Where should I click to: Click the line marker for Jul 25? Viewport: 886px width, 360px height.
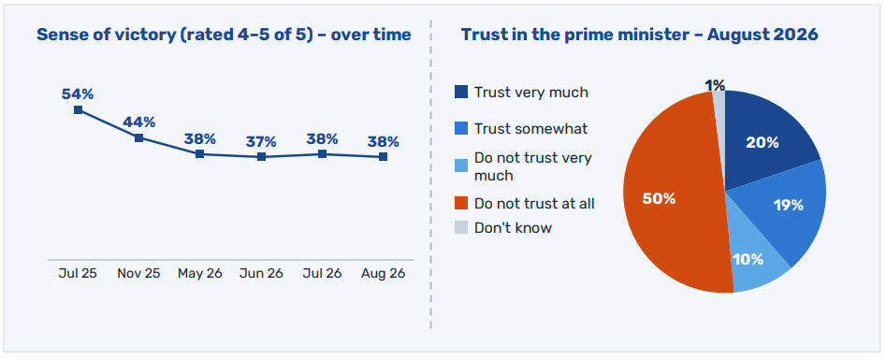point(78,109)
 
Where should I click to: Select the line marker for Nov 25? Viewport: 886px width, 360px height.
point(139,137)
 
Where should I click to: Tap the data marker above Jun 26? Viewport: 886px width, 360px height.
point(261,156)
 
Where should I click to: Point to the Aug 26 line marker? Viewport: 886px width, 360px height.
point(383,156)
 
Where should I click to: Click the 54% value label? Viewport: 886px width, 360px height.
point(78,94)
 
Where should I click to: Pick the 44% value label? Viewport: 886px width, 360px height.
point(139,122)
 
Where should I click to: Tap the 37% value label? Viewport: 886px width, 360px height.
point(261,141)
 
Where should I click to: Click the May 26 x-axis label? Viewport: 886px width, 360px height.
point(200,274)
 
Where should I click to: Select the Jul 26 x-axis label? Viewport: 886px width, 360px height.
point(322,274)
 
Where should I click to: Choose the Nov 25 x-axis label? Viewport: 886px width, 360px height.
point(139,274)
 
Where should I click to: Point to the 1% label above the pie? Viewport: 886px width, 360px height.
point(715,85)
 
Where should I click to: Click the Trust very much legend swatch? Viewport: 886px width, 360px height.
point(461,92)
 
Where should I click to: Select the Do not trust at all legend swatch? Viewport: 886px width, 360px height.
point(461,203)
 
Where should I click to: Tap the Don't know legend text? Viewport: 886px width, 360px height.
point(513,228)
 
